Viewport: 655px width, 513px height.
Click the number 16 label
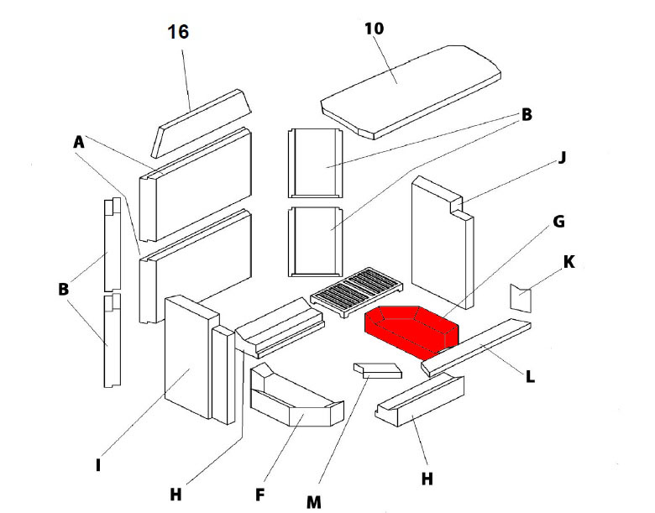[x=178, y=33]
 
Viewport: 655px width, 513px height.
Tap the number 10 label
[x=375, y=28]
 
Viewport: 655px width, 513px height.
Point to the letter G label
[x=558, y=222]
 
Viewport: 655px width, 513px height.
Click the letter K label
[x=569, y=262]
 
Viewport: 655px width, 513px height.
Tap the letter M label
[x=313, y=502]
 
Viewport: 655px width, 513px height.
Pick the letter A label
[x=79, y=144]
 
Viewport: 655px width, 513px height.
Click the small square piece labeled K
[x=521, y=297]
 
